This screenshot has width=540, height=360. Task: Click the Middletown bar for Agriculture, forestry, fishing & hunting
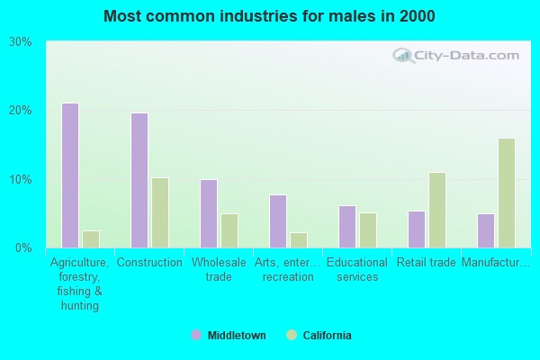point(70,175)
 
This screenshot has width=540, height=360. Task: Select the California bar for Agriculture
point(91,238)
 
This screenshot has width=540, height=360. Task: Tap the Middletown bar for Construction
point(139,180)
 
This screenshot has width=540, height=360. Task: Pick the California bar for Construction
point(160,212)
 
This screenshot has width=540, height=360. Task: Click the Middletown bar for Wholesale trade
point(209,213)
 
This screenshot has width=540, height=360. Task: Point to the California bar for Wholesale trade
point(229,230)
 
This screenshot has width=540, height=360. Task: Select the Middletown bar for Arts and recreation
point(278,221)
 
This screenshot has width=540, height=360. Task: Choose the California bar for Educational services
point(368,230)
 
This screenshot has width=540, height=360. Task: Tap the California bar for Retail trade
point(437,210)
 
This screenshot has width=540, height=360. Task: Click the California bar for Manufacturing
point(507,193)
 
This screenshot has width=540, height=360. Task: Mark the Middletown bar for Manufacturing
point(486,230)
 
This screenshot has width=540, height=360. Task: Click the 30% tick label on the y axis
point(21,42)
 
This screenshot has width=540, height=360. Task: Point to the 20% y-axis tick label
point(21,111)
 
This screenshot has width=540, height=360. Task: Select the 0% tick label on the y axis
point(24,247)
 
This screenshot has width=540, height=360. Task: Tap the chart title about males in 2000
point(270,16)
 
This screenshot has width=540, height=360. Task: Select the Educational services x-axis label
point(357,270)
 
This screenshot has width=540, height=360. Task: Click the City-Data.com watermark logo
point(456,56)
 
